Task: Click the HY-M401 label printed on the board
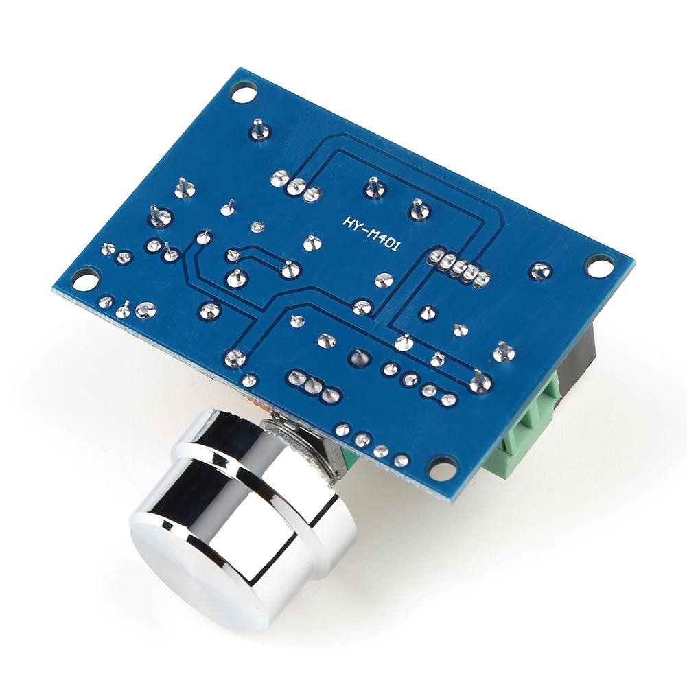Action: coord(371,233)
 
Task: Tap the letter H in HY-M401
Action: coord(348,221)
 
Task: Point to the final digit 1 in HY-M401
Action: coord(395,246)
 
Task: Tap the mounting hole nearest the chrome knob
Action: coord(442,468)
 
